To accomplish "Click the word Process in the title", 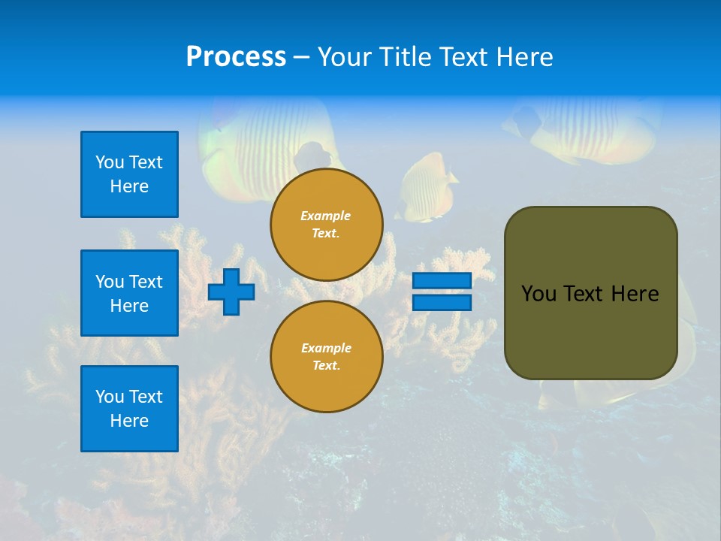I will [236, 57].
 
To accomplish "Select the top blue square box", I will [129, 174].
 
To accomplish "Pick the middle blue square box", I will [129, 293].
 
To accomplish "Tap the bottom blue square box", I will [129, 409].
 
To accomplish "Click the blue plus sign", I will [231, 292].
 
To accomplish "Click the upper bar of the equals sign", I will [442, 280].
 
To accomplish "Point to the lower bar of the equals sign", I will [442, 303].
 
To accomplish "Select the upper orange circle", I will [327, 225].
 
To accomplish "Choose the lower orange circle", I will [327, 357].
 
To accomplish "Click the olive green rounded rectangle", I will [590, 293].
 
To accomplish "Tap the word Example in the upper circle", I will [326, 216].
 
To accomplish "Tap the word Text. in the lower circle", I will [326, 366].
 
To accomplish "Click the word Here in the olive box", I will [635, 294].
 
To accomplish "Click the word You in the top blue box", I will [109, 162].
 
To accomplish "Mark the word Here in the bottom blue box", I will [129, 421].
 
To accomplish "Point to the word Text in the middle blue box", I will [146, 282].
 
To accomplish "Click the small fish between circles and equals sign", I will [426, 186].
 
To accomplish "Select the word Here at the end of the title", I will [526, 57].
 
